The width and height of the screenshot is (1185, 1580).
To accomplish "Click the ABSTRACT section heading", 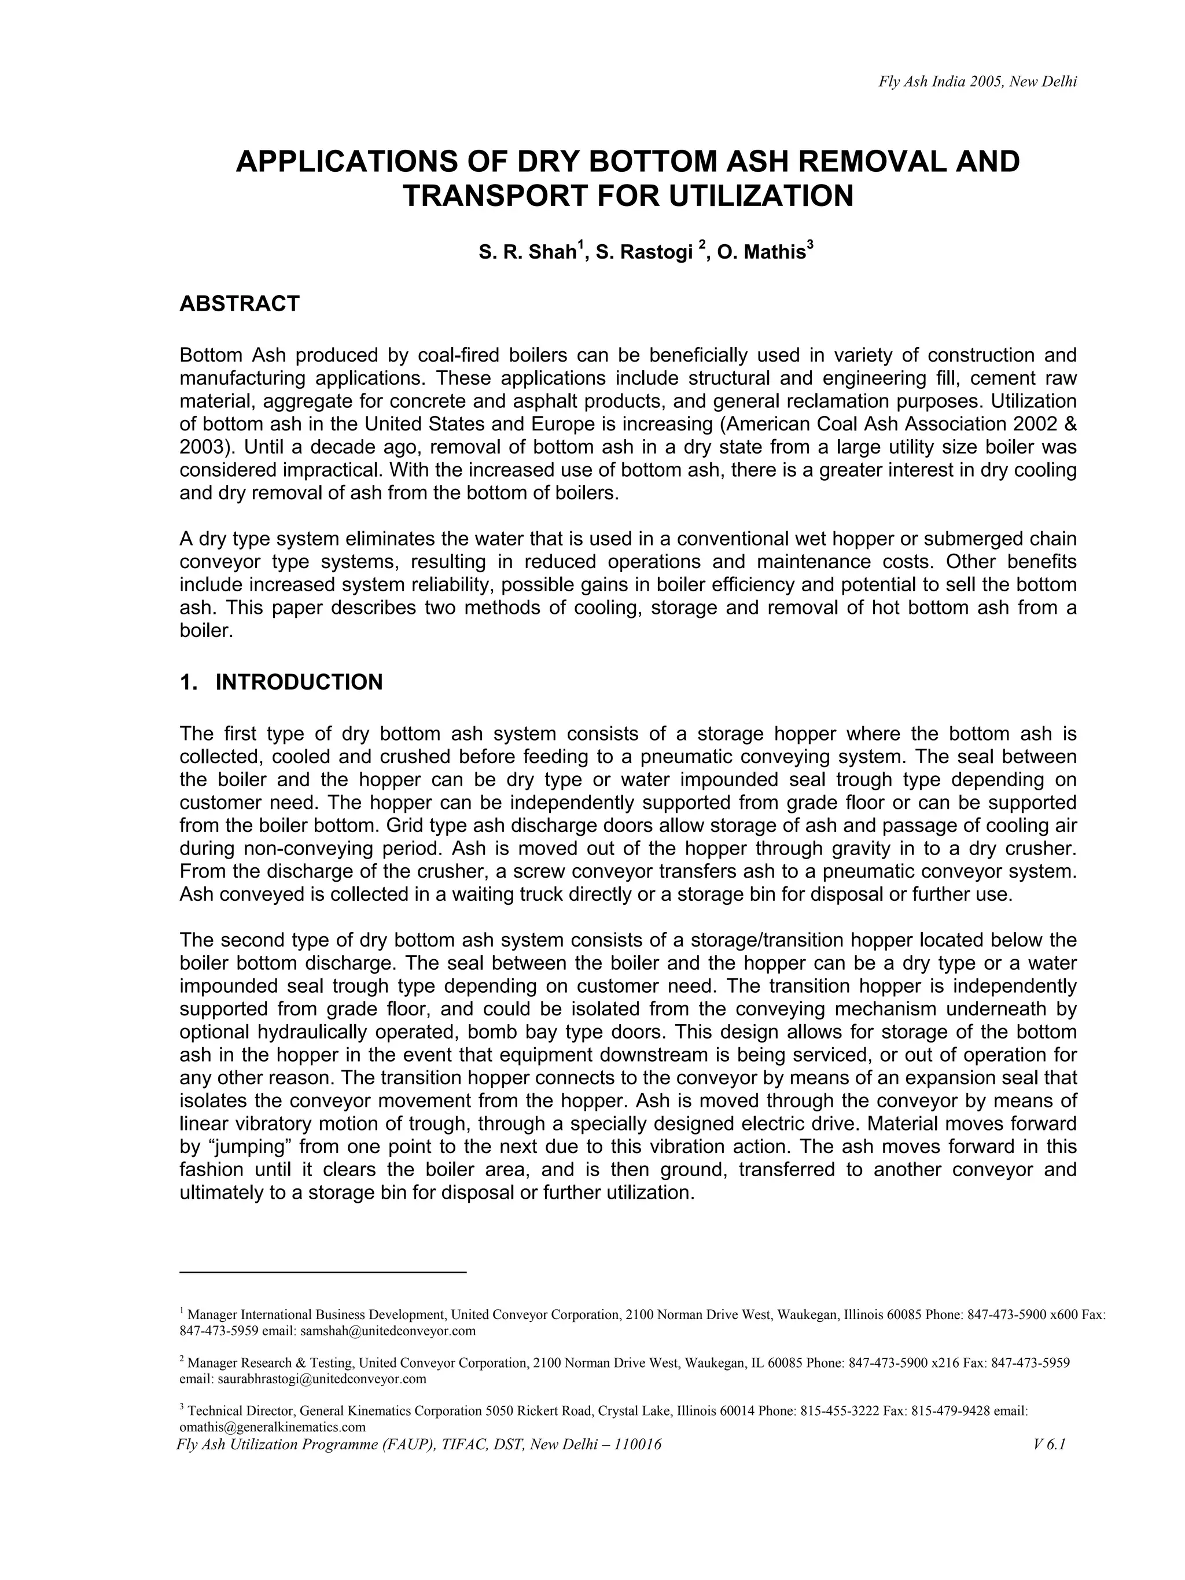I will (240, 304).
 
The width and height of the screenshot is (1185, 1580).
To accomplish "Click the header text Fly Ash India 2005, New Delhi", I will (977, 82).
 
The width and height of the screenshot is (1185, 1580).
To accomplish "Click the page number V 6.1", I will (1048, 1445).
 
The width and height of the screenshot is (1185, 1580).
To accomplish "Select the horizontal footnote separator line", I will (322, 1272).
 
